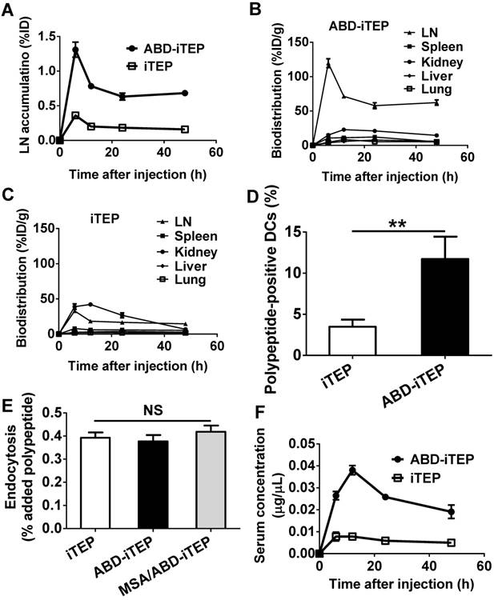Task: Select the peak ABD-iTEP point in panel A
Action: [75, 50]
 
